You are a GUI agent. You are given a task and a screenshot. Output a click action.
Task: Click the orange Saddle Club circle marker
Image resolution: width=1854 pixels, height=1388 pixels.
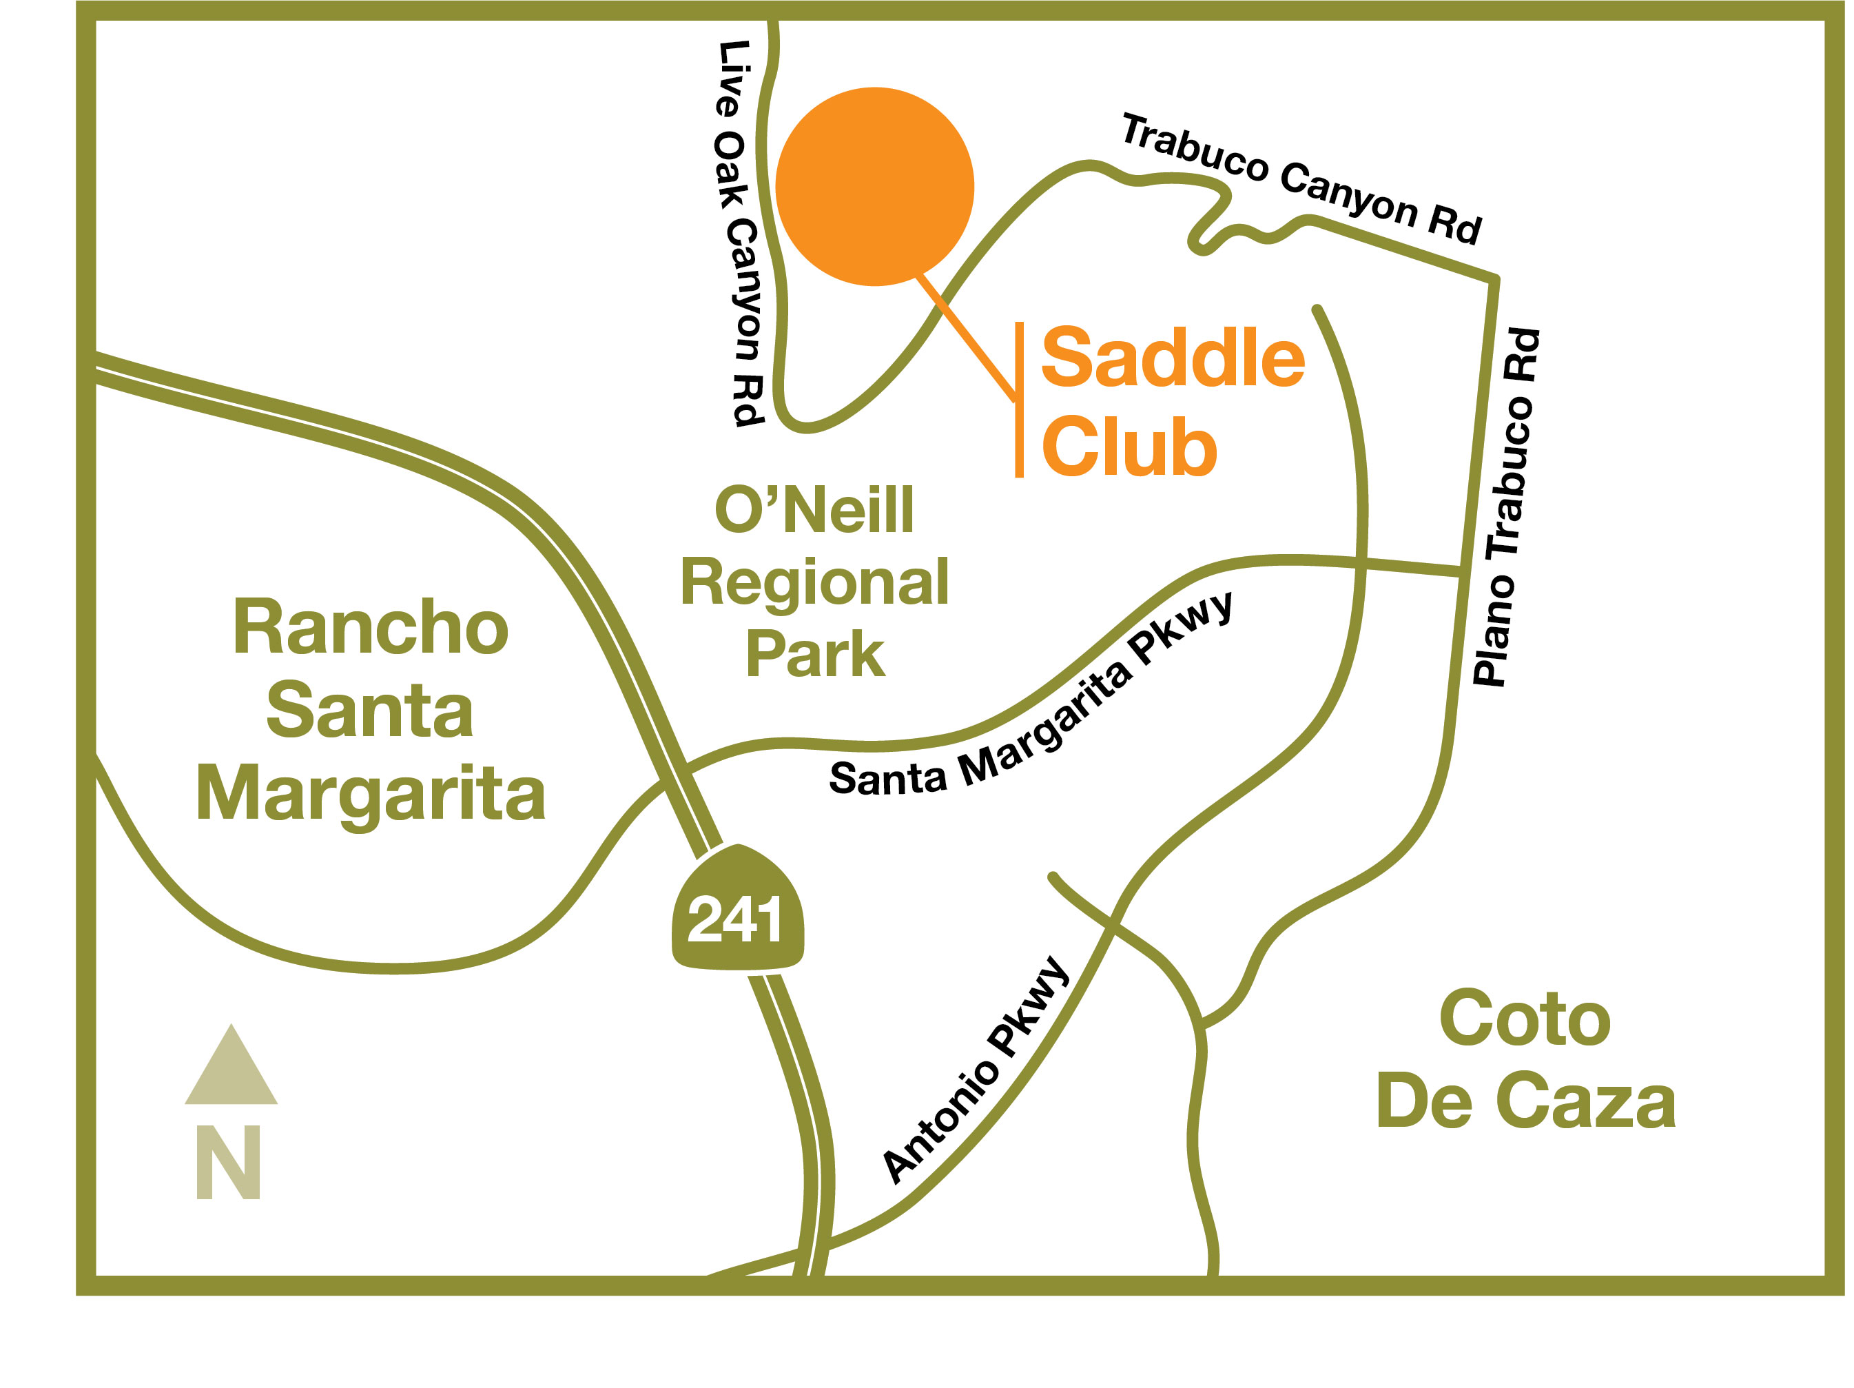click(874, 186)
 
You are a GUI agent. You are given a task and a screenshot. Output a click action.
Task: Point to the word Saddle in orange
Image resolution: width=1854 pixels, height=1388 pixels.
click(1173, 359)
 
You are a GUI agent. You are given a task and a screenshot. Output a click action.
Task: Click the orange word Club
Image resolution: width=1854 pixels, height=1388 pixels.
click(1128, 447)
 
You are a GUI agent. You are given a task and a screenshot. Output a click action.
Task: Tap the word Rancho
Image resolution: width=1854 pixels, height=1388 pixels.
click(371, 628)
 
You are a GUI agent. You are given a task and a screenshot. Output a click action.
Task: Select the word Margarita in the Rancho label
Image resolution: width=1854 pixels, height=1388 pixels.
click(371, 793)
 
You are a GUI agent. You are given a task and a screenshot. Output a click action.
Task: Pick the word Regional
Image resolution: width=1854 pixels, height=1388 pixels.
click(814, 582)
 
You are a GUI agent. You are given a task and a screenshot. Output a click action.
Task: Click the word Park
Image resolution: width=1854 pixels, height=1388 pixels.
click(814, 654)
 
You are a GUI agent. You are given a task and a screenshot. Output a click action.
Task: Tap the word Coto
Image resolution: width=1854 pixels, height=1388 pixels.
click(1525, 1019)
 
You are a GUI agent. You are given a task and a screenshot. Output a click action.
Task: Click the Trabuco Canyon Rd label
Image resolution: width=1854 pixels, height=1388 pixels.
click(1301, 179)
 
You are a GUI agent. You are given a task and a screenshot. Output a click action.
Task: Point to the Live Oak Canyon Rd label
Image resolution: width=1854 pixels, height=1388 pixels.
click(739, 233)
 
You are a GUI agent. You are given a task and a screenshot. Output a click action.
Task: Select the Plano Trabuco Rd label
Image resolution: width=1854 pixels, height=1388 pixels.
click(1506, 508)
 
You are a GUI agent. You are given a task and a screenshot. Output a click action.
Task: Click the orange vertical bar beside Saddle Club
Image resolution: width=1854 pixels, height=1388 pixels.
click(1019, 400)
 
